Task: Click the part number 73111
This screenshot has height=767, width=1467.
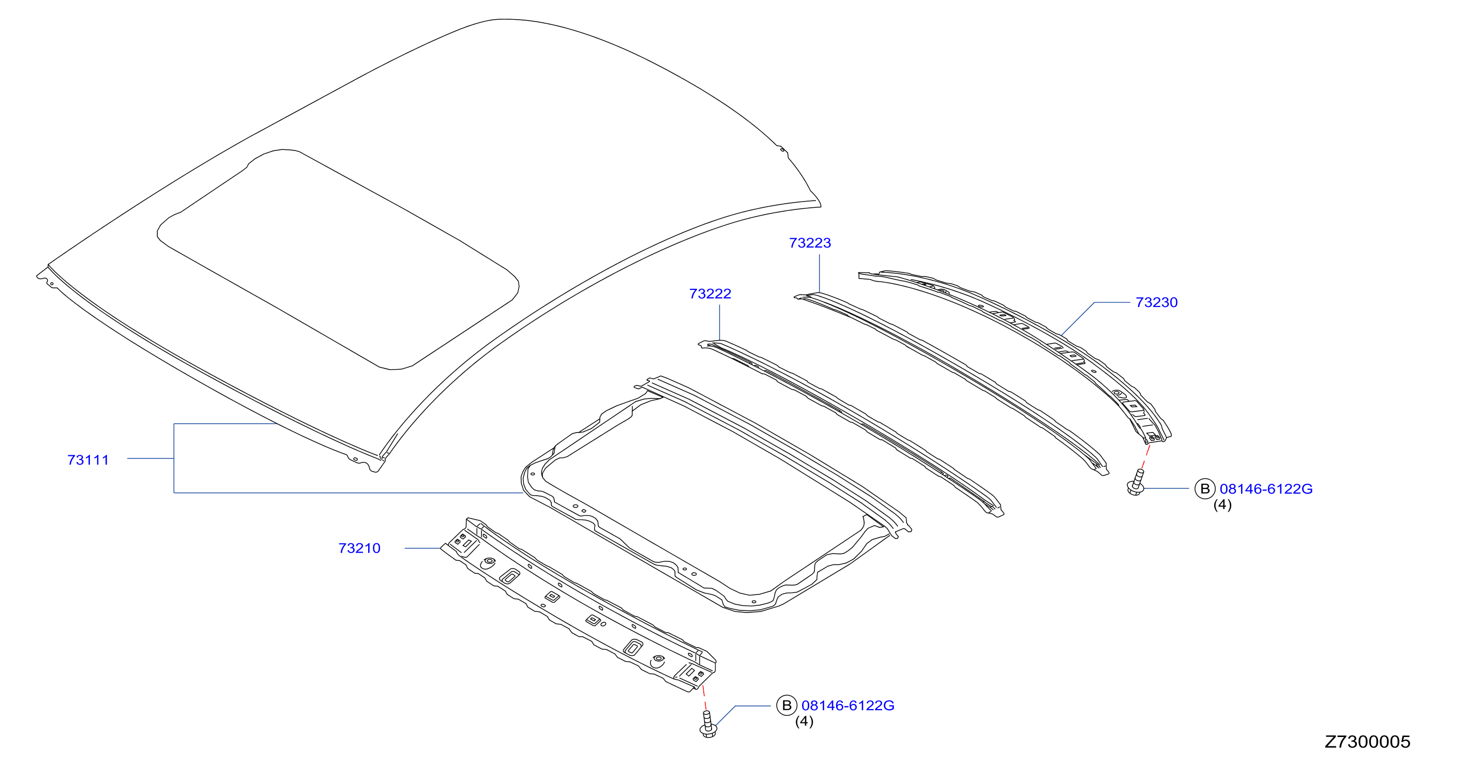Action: (88, 460)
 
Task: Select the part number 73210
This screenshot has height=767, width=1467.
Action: (359, 548)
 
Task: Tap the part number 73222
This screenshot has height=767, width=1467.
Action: (710, 294)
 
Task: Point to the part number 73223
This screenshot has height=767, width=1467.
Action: (810, 243)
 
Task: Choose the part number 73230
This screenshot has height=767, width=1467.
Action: (1157, 302)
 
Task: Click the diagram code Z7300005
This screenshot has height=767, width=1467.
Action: (1367, 742)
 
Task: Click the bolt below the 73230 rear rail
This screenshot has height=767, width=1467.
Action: (1136, 482)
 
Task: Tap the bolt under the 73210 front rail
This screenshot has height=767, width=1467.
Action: (708, 724)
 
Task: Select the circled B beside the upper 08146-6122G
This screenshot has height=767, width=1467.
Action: (1204, 489)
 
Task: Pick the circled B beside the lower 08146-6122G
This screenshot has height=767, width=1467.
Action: (787, 705)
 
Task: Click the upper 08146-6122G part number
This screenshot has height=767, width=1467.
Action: (1266, 489)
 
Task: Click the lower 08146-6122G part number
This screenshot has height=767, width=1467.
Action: (848, 705)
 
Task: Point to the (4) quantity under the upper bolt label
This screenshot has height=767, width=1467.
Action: (1222, 505)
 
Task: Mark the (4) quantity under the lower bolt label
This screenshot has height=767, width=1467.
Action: (804, 722)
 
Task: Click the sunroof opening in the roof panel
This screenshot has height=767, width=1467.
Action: (338, 259)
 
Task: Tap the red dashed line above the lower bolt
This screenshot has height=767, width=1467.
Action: (704, 698)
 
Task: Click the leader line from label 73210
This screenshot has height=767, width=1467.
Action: (422, 548)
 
